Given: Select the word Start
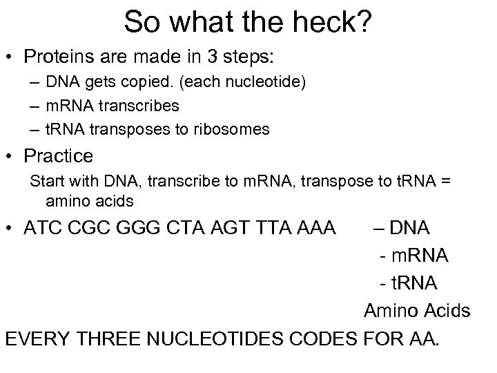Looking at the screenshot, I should click(47, 182).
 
